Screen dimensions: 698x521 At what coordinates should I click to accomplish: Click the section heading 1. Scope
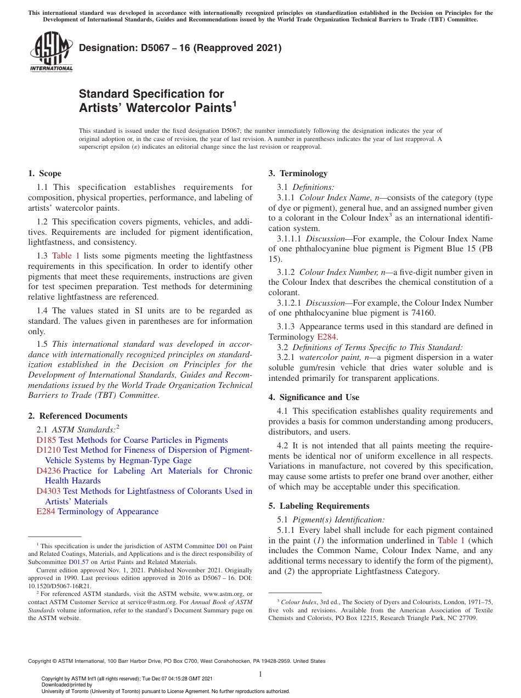(44, 173)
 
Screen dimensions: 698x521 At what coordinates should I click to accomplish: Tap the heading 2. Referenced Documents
(77, 416)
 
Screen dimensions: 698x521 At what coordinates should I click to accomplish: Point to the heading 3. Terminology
(298, 173)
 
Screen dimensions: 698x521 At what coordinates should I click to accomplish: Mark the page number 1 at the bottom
(260, 674)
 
